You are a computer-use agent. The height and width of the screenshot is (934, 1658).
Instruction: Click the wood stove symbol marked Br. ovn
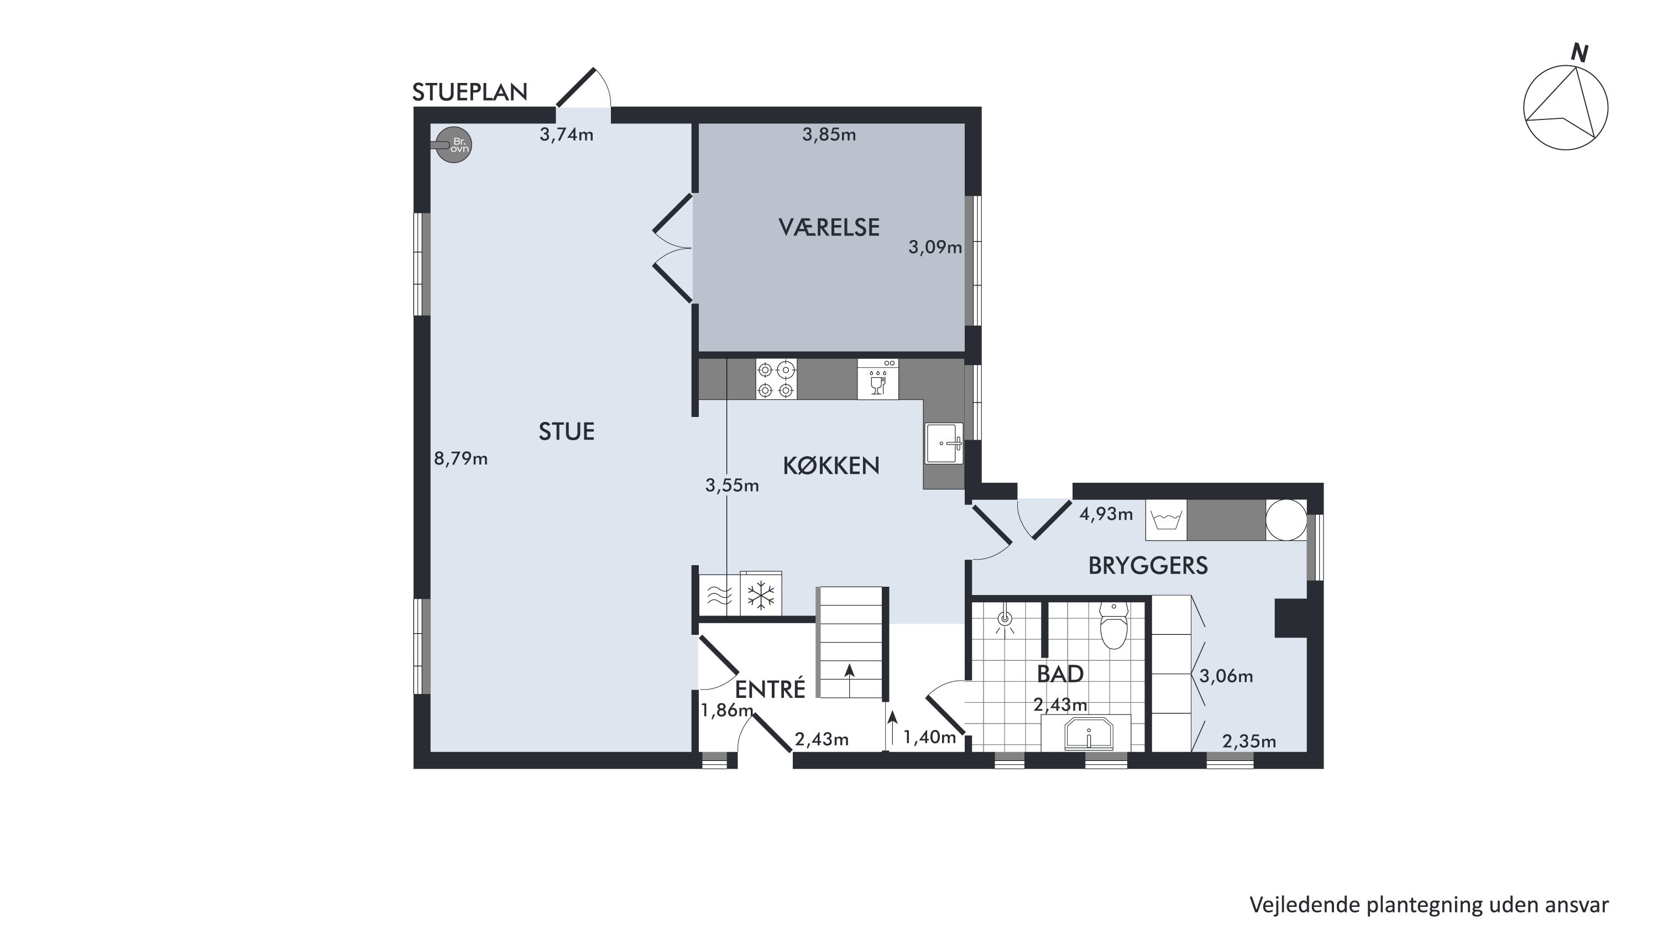(x=453, y=145)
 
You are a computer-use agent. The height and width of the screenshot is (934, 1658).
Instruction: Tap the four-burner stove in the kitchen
(x=776, y=379)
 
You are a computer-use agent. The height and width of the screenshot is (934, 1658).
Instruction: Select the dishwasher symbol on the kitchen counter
(x=878, y=379)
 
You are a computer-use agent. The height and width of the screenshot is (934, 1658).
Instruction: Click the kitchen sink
(x=944, y=443)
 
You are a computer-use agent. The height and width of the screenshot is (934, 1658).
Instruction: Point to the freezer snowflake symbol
(x=761, y=595)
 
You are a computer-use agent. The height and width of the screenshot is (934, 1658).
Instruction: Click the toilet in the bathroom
(x=1113, y=625)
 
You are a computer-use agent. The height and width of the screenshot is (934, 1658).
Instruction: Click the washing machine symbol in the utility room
(x=1167, y=519)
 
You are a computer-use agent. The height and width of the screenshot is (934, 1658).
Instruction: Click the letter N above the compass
(x=1579, y=54)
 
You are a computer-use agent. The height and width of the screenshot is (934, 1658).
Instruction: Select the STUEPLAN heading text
(x=470, y=93)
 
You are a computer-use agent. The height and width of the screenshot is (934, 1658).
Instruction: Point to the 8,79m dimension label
(x=461, y=459)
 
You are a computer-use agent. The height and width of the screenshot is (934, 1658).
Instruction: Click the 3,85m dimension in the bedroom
(x=829, y=134)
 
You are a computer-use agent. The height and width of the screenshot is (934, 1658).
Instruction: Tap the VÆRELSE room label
(x=829, y=227)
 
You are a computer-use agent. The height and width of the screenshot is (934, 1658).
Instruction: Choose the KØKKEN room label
(x=831, y=466)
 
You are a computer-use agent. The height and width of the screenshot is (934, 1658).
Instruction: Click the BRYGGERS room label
(x=1148, y=566)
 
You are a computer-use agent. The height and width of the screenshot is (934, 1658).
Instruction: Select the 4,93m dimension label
(x=1106, y=514)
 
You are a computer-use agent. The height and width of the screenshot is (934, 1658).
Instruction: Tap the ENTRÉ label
(x=771, y=689)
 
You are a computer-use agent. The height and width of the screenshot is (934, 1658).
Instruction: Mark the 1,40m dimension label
(x=929, y=738)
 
